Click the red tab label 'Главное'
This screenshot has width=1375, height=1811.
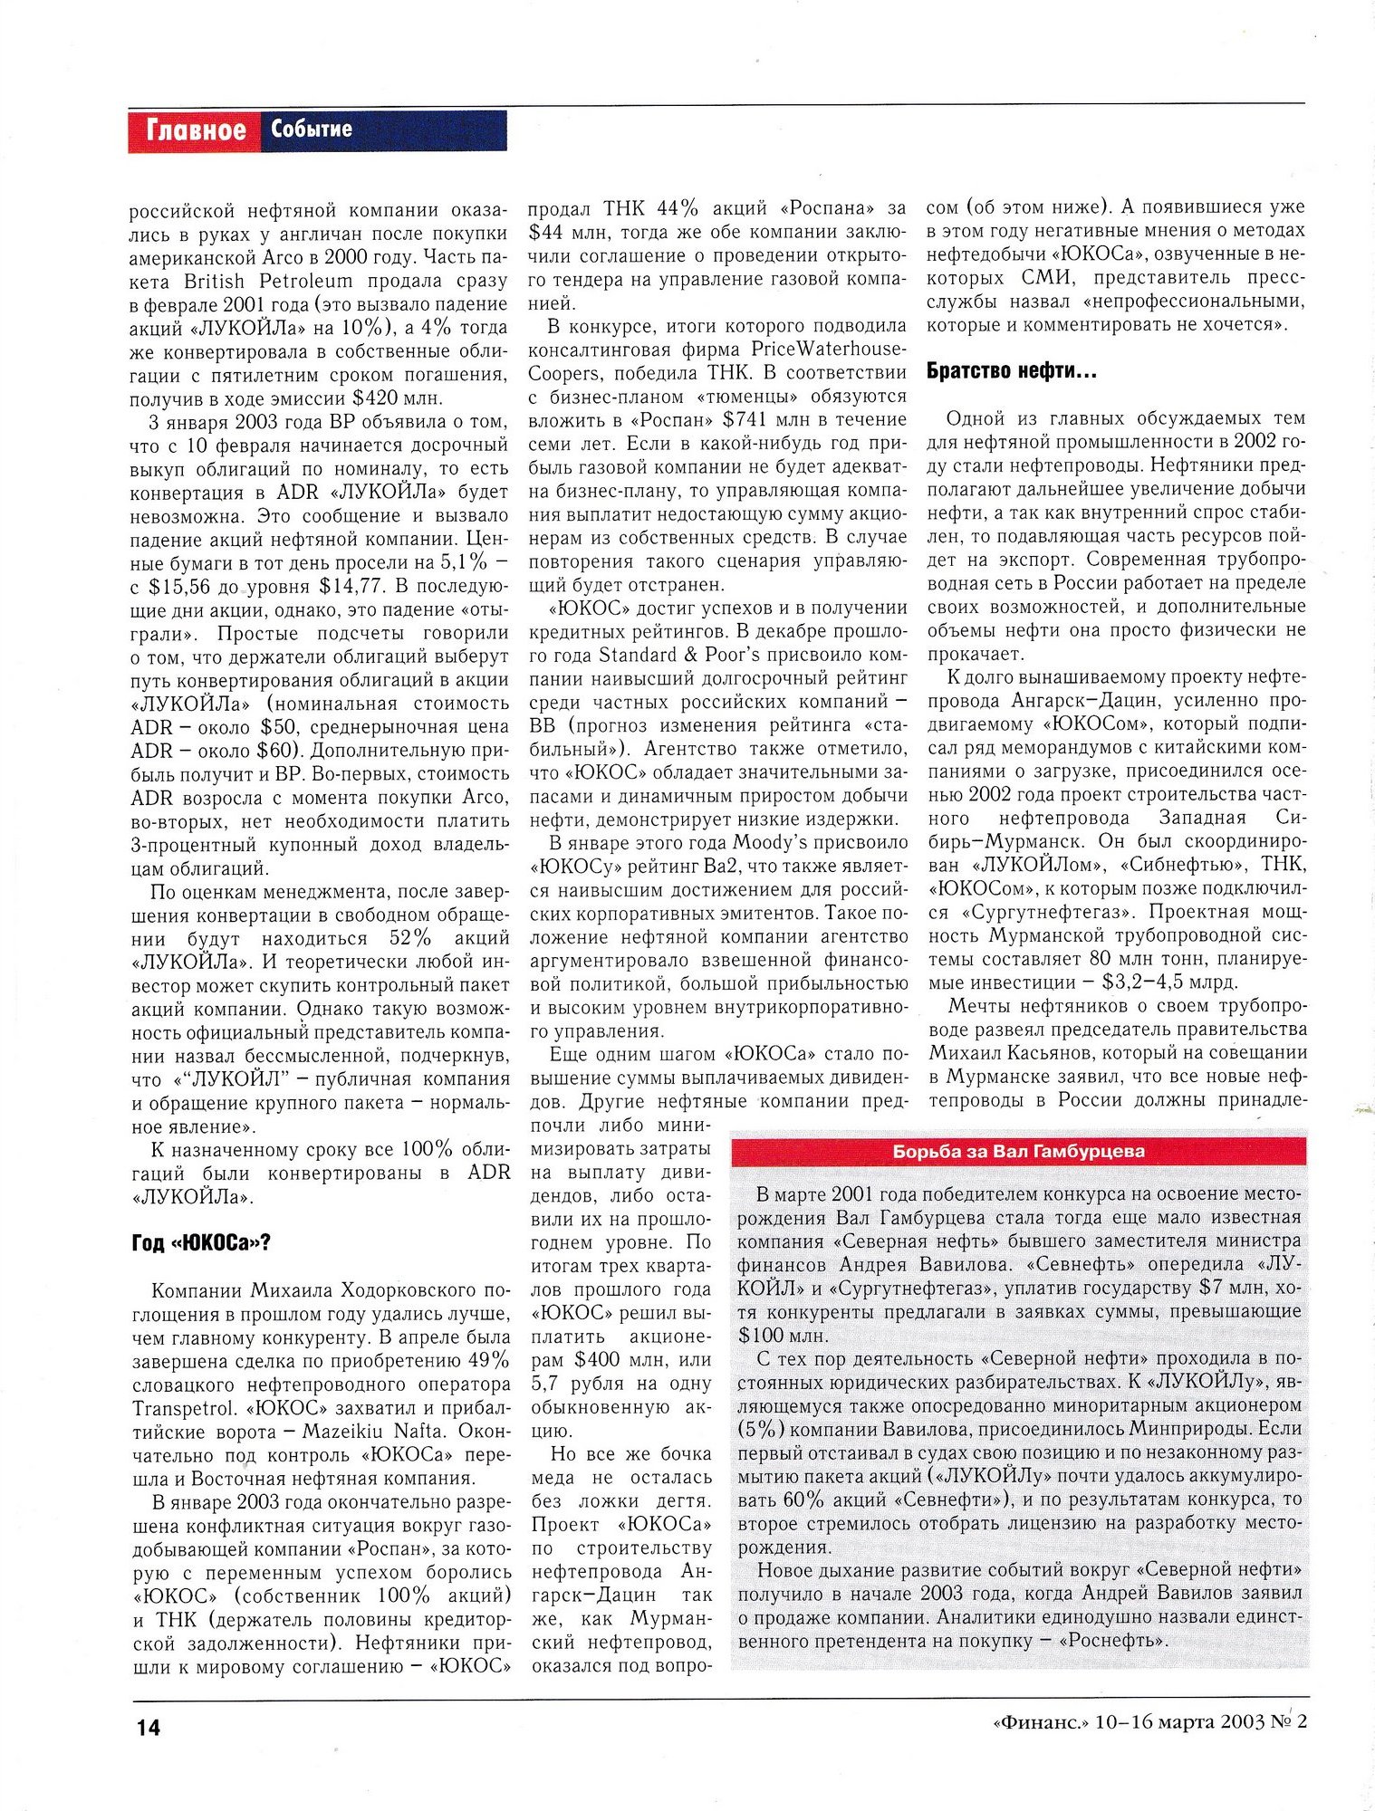[x=196, y=130]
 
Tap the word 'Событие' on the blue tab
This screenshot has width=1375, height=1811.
[x=311, y=129]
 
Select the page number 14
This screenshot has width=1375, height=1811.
[x=149, y=1727]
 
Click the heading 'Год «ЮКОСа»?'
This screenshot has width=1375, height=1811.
[x=201, y=1243]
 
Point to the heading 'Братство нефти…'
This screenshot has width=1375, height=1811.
[x=1011, y=370]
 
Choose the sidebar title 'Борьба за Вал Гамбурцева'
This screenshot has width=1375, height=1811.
[x=1018, y=1152]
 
